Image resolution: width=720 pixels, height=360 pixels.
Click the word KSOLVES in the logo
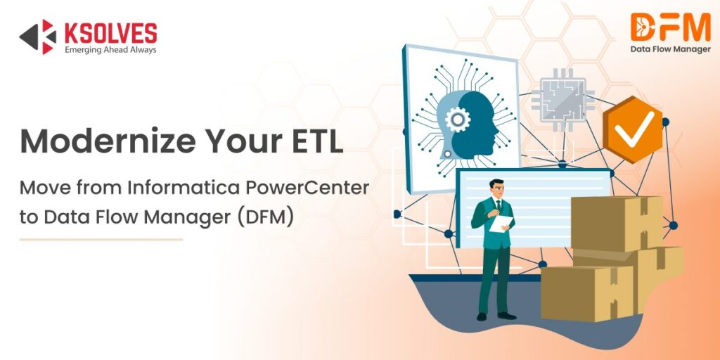(x=110, y=33)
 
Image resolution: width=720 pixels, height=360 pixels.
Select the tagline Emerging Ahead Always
(x=110, y=51)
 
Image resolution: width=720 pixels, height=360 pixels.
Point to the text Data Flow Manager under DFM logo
(x=670, y=50)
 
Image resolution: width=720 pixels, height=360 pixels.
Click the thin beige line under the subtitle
(x=101, y=240)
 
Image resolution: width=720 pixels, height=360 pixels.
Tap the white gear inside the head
(x=458, y=120)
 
